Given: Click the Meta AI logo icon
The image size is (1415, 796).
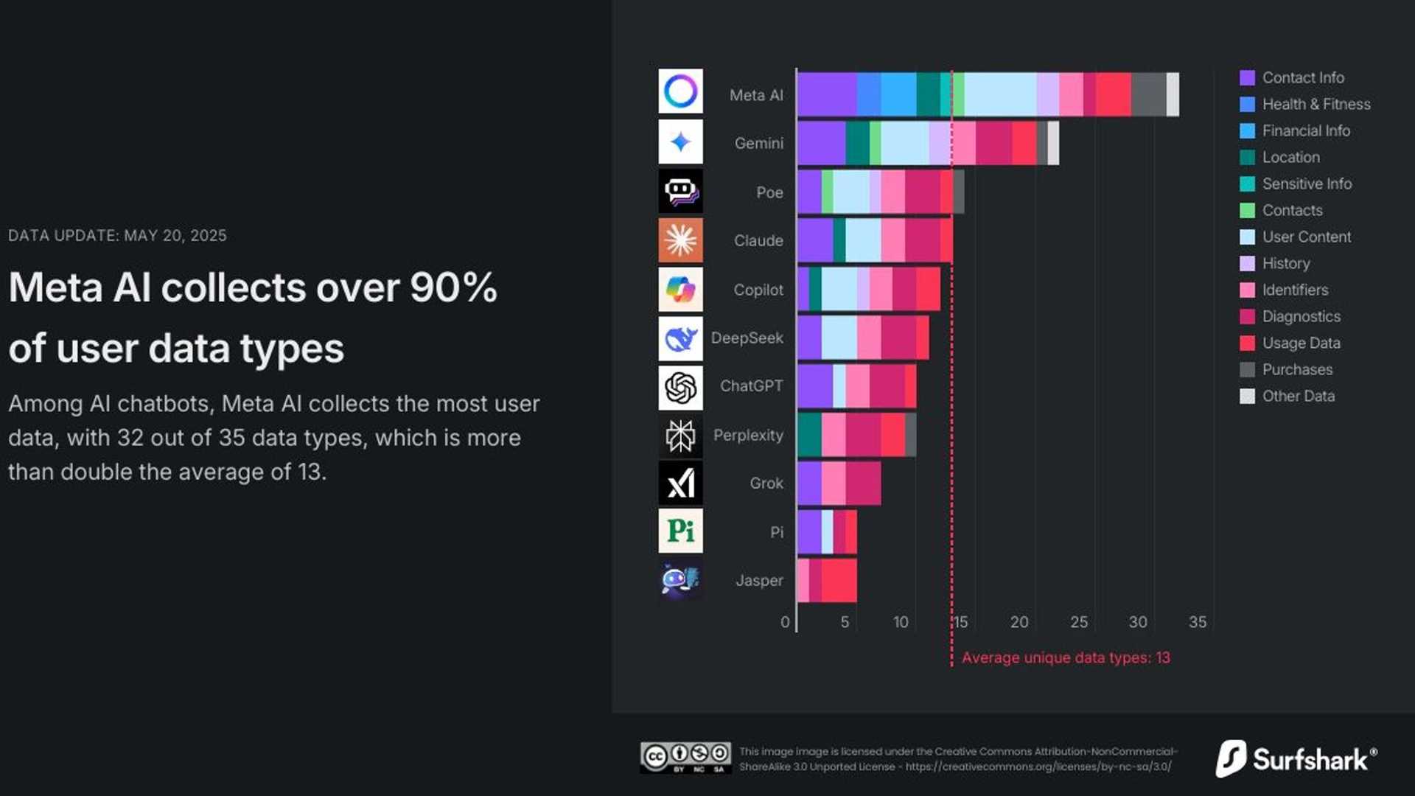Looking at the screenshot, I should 680,91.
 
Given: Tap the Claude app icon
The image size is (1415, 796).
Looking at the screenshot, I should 680,240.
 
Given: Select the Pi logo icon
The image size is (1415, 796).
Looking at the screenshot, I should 680,531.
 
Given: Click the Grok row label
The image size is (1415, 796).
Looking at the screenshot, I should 766,483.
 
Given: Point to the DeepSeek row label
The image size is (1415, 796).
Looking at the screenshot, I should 747,338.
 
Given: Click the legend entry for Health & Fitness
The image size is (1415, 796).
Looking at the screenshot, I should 1316,105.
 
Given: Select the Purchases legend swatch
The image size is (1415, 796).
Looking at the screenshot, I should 1247,370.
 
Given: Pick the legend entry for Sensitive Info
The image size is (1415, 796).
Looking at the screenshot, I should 1306,184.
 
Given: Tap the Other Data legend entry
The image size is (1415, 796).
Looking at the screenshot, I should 1298,397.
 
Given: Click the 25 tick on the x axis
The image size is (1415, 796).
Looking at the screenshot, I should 1079,622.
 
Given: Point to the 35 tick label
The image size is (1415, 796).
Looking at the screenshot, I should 1198,622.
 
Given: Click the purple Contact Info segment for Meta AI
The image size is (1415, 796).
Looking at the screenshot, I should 827,94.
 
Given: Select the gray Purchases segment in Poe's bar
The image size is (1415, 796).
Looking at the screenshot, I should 958,192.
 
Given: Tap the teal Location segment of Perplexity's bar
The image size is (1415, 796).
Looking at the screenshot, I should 809,435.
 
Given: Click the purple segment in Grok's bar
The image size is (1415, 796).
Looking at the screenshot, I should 809,483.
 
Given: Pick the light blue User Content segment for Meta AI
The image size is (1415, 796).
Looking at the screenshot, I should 1000,94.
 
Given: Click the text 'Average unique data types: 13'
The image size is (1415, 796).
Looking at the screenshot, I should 1066,658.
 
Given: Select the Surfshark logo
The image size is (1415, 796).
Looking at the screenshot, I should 1296,758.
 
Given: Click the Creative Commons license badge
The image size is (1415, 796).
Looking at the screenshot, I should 685,758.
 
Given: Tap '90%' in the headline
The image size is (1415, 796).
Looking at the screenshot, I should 453,287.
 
